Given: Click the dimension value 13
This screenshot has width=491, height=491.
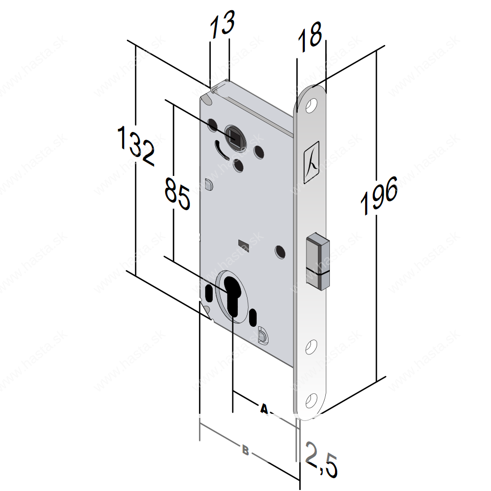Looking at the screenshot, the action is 222,24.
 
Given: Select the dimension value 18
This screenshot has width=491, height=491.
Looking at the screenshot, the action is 310,37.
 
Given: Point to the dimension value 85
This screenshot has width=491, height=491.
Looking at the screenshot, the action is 177,194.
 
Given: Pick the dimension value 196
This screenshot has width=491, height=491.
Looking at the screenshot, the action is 379,195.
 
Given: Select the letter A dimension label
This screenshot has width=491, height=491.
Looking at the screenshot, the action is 264,408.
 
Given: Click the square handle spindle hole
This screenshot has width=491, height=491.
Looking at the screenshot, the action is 234,137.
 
